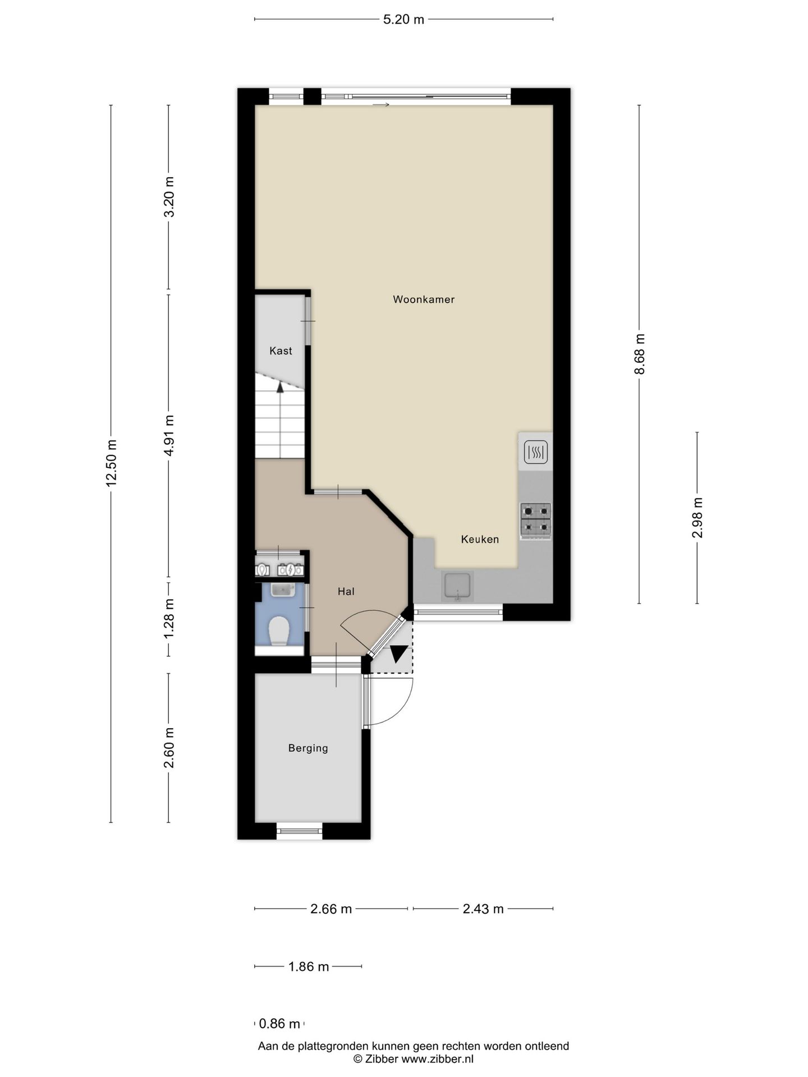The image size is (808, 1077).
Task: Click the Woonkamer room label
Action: point(424,300)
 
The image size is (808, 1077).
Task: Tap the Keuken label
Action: point(480,540)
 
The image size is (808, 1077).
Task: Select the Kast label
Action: point(281,351)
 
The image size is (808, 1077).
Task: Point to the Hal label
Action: point(346,591)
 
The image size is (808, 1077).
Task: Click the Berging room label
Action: point(308,748)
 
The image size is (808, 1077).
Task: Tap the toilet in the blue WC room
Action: point(279,631)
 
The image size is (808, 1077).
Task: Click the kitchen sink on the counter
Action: point(458,586)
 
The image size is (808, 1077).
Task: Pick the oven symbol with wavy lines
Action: point(536,452)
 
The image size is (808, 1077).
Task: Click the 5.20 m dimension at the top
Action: point(403,20)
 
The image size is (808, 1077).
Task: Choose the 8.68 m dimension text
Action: point(640,354)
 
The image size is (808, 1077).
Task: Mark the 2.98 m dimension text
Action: point(697,518)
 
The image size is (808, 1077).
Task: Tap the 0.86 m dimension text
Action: point(279,1024)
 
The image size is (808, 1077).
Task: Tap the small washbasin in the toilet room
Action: point(283,590)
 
